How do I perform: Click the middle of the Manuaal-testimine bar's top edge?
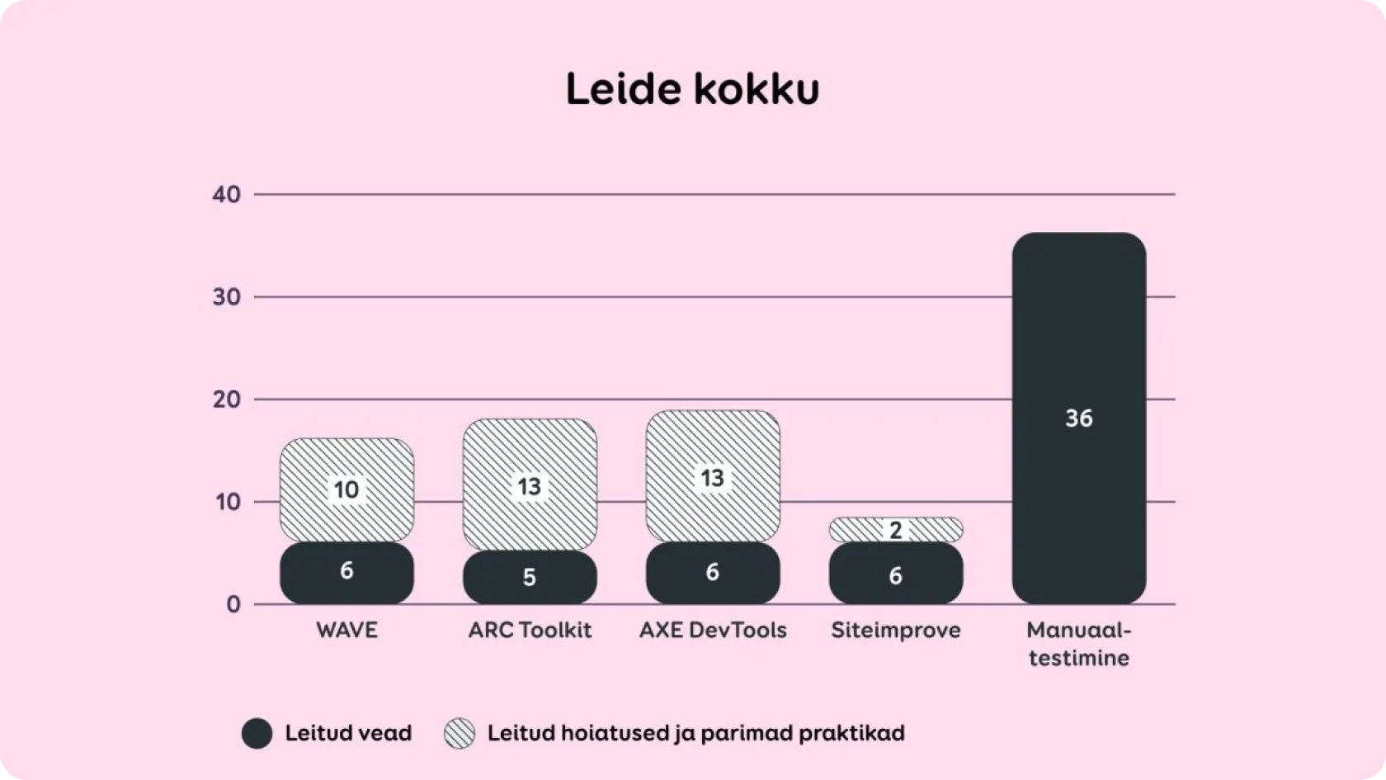(1079, 233)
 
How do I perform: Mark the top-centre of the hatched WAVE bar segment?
(346, 438)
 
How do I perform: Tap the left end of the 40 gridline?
(254, 195)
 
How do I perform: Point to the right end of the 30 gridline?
(1175, 297)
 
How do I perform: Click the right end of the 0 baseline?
(1175, 604)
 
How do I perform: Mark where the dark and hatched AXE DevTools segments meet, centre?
(713, 542)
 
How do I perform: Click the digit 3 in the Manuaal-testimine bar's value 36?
(1072, 418)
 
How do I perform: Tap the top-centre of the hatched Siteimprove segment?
(896, 518)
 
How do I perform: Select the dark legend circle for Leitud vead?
(257, 734)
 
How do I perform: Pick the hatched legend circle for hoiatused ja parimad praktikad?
(460, 734)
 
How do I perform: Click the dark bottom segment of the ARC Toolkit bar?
(530, 577)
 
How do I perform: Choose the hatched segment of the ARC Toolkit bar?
(530, 485)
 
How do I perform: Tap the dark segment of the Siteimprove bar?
(896, 573)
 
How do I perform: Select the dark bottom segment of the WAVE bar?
(346, 573)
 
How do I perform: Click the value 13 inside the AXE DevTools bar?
(712, 479)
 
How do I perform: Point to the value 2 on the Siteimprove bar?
(895, 531)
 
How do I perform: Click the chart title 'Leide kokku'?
(693, 89)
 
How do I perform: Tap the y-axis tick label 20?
(226, 399)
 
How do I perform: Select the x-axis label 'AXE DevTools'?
(713, 631)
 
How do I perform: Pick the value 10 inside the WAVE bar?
(346, 490)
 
